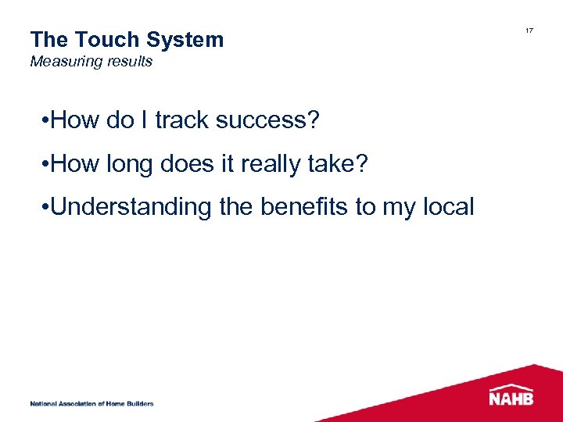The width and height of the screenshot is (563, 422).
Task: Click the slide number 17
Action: [529, 30]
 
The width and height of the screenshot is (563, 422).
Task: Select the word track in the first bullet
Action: [182, 121]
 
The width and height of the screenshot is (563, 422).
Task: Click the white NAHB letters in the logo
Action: [511, 399]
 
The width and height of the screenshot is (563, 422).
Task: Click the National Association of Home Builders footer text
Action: [91, 403]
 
